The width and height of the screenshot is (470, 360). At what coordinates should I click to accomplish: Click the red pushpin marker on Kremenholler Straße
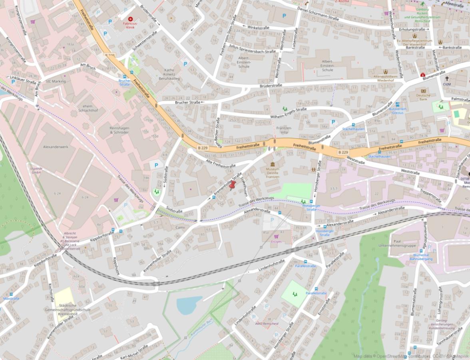233,185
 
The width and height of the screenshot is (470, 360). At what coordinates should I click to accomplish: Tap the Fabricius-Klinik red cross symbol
130,19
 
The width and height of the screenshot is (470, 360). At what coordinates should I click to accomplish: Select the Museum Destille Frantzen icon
273,165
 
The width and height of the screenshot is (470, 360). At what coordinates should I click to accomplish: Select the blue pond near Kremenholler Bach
189,305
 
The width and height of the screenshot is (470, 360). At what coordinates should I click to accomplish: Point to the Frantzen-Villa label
284,130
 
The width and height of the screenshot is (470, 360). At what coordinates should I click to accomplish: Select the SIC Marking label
56,81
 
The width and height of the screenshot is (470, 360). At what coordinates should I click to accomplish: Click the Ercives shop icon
276,236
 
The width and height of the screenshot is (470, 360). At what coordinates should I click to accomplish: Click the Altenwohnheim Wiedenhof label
385,78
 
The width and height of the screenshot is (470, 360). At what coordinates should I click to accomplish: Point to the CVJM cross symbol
447,79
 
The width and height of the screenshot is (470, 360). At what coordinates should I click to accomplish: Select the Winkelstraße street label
258,28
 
